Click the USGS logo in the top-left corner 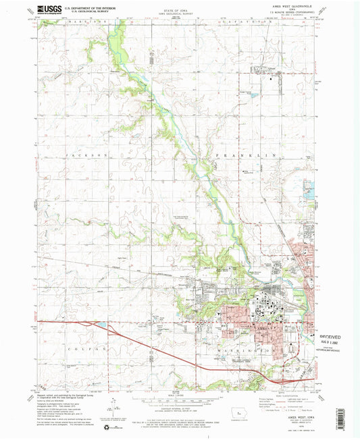point(43,9)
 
